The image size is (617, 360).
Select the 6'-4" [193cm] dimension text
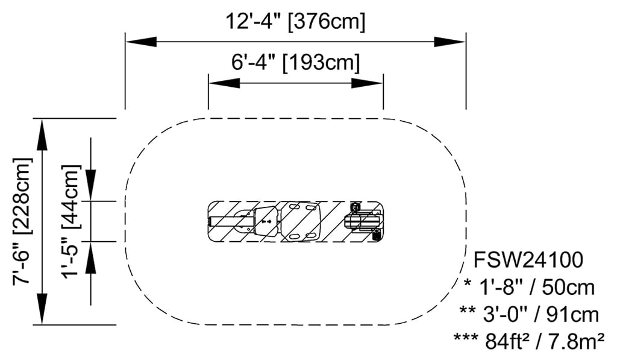click(x=295, y=62)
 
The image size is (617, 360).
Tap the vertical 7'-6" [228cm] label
click(x=22, y=222)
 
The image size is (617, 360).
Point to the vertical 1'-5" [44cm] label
click(x=71, y=222)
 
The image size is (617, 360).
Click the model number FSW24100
click(x=528, y=260)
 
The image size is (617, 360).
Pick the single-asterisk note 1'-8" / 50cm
click(x=529, y=287)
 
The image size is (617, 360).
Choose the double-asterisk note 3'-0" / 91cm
click(x=529, y=315)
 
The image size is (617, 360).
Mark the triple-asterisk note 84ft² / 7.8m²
click(x=529, y=341)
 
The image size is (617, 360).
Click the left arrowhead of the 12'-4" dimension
click(x=141, y=42)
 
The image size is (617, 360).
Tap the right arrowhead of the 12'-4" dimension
click(x=450, y=42)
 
